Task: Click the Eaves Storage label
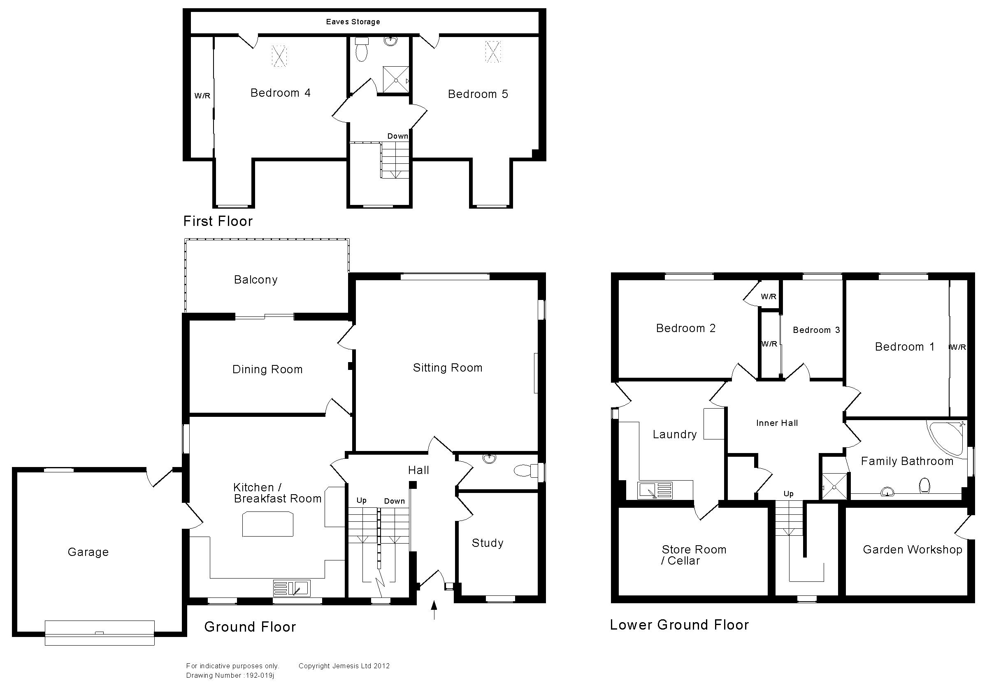(x=353, y=22)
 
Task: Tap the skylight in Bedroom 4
(x=279, y=56)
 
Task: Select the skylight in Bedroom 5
(x=493, y=51)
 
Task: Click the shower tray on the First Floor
(x=396, y=79)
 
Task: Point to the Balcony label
(x=256, y=280)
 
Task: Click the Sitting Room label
(x=448, y=367)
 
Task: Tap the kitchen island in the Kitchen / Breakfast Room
(x=268, y=524)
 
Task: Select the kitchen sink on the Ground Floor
(x=291, y=588)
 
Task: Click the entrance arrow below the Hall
(x=434, y=610)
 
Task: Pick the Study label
(x=488, y=543)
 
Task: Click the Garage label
(x=88, y=552)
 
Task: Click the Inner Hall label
(x=777, y=423)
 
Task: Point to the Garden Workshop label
(x=912, y=550)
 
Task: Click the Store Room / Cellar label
(x=693, y=555)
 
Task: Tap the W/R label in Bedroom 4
(x=202, y=96)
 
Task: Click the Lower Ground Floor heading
(x=679, y=625)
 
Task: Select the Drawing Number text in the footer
(x=230, y=676)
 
